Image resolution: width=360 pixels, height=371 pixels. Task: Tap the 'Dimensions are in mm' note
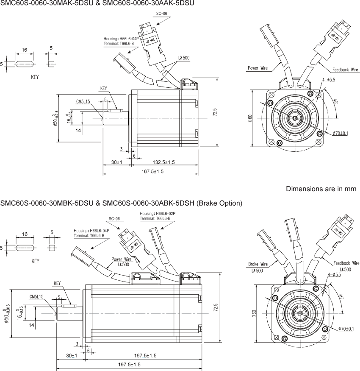tap(321, 189)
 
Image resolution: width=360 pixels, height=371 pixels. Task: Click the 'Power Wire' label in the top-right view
tap(260, 68)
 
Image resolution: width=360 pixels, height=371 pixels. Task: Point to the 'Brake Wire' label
tap(258, 264)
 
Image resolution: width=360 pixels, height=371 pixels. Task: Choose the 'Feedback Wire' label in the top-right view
tap(345, 70)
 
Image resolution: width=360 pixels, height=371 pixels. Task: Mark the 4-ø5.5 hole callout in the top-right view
tap(328, 80)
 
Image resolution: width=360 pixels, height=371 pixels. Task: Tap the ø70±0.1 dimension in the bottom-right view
tap(346, 329)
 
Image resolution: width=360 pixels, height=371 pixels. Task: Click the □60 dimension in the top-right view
tap(250, 117)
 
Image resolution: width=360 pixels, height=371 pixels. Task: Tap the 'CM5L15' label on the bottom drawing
tap(36, 296)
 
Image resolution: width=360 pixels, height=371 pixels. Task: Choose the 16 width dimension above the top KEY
tap(25, 50)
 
